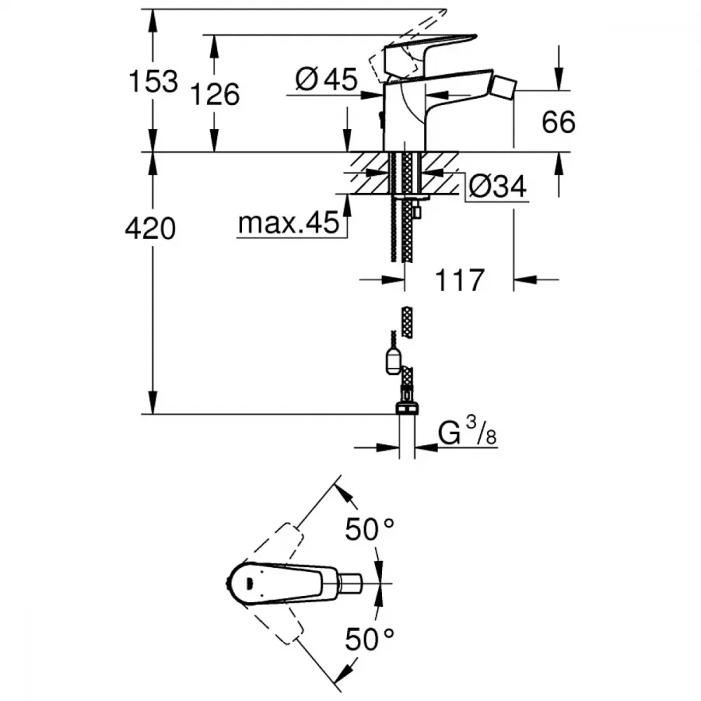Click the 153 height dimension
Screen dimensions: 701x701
pyautogui.click(x=153, y=82)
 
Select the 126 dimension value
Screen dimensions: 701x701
pyautogui.click(x=215, y=95)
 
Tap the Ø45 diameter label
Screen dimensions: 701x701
pyautogui.click(x=327, y=80)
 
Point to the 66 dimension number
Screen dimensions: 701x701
pyautogui.click(x=559, y=122)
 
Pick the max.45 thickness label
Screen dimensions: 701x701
pyautogui.click(x=289, y=223)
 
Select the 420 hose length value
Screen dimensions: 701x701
pyautogui.click(x=150, y=229)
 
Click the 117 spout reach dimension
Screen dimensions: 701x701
pyautogui.click(x=460, y=280)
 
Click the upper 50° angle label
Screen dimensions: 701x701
pyautogui.click(x=369, y=529)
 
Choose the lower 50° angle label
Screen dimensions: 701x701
pyautogui.click(x=369, y=639)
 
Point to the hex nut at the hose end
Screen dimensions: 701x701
pyautogui.click(x=407, y=408)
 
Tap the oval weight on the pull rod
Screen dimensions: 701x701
pyautogui.click(x=393, y=362)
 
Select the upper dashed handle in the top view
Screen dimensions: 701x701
pyautogui.click(x=273, y=543)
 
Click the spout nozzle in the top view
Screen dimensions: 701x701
pyautogui.click(x=350, y=583)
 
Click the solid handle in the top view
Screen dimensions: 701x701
pyautogui.click(x=282, y=583)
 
